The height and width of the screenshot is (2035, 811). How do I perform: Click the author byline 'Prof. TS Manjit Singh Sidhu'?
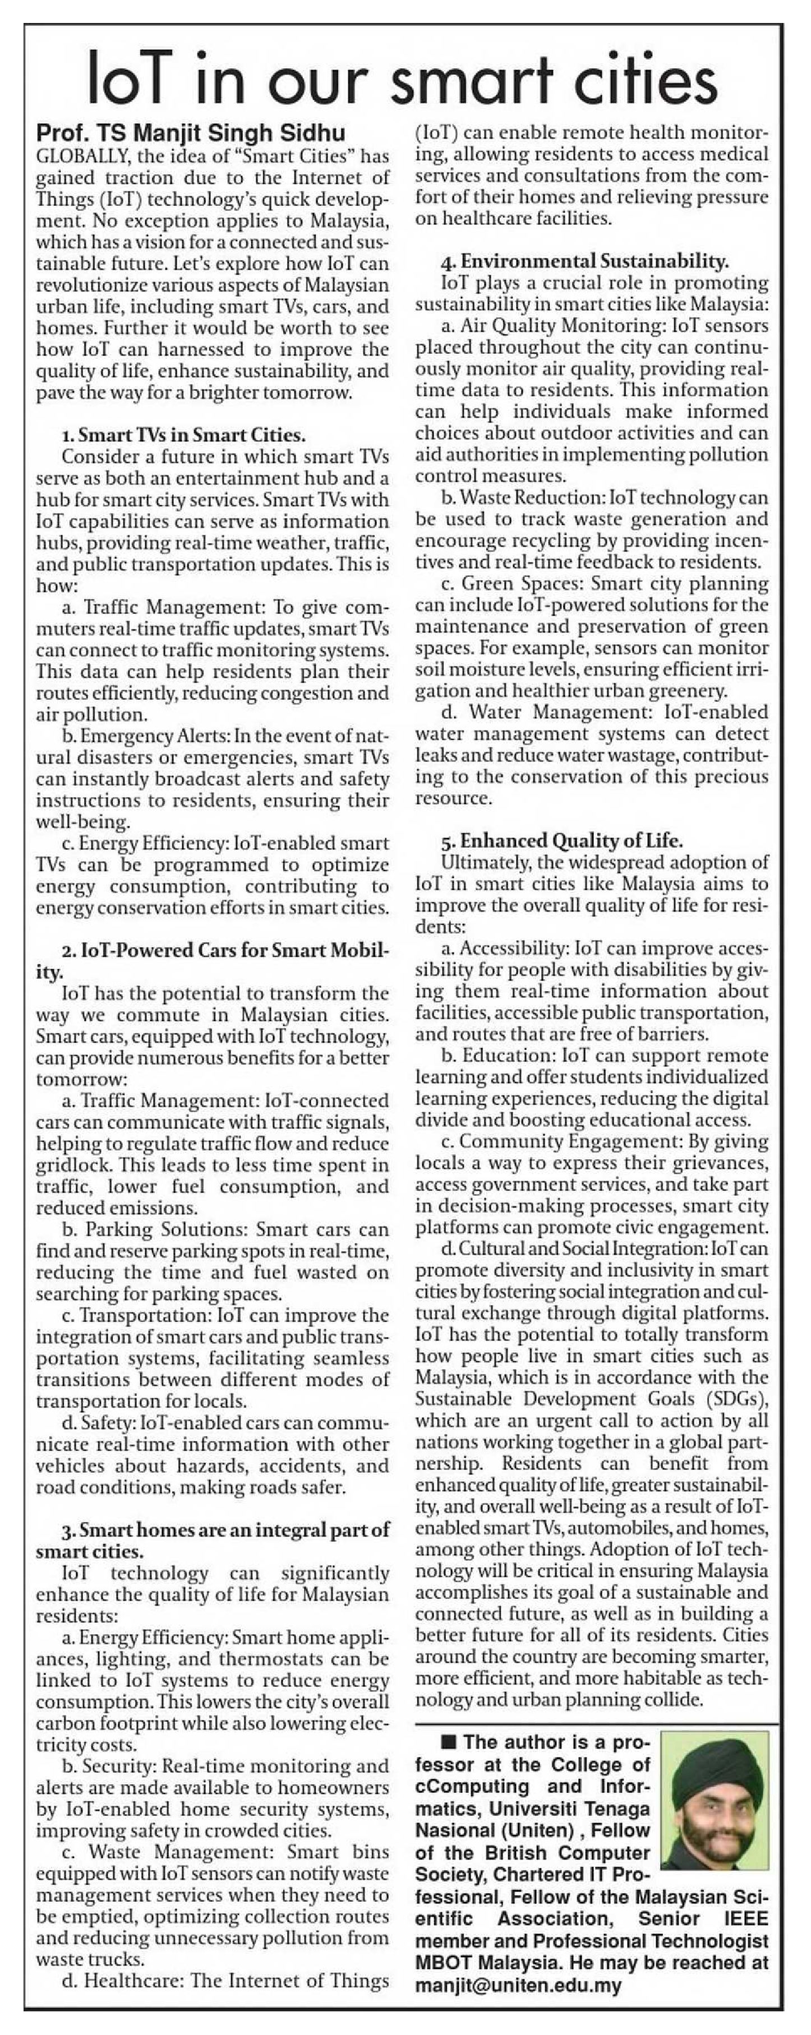pyautogui.click(x=191, y=133)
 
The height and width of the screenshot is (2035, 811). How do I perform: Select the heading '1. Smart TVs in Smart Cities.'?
pyautogui.click(x=183, y=435)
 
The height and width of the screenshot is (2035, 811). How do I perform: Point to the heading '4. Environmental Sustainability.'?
pyautogui.click(x=585, y=261)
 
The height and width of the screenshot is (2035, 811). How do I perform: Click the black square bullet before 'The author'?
pyautogui.click(x=450, y=1742)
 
